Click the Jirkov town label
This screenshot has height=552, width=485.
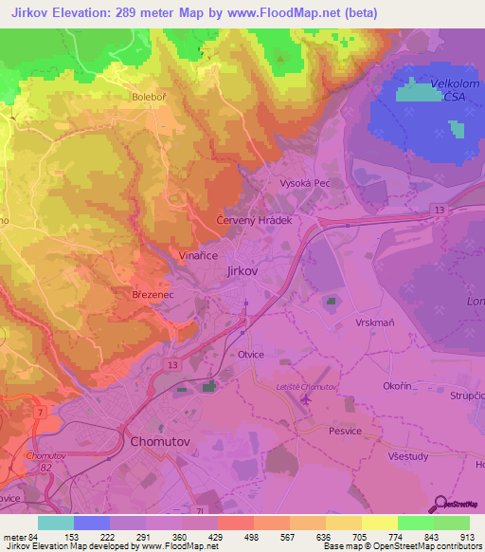[243, 271]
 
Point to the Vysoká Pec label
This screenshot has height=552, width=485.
[303, 182]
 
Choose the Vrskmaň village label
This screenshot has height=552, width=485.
[374, 322]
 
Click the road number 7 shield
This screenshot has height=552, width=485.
[40, 414]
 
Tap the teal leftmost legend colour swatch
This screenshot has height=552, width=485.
[56, 523]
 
